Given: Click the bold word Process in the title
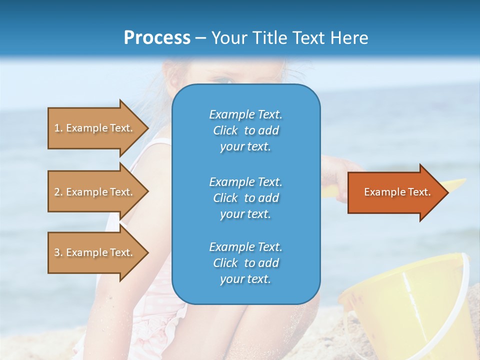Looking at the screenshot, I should (157, 38).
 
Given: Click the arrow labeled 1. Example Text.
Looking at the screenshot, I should (95, 128).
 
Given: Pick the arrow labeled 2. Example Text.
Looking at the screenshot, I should (95, 192).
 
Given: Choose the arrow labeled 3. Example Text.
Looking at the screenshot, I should (95, 252).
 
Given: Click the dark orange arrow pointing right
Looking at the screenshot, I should (395, 192).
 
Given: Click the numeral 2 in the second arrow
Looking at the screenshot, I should (57, 192).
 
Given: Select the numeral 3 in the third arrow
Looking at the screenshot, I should (57, 252).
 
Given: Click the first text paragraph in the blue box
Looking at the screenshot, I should (245, 130).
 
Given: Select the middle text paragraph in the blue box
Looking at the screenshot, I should (245, 198).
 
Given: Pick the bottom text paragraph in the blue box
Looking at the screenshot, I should (245, 263).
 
